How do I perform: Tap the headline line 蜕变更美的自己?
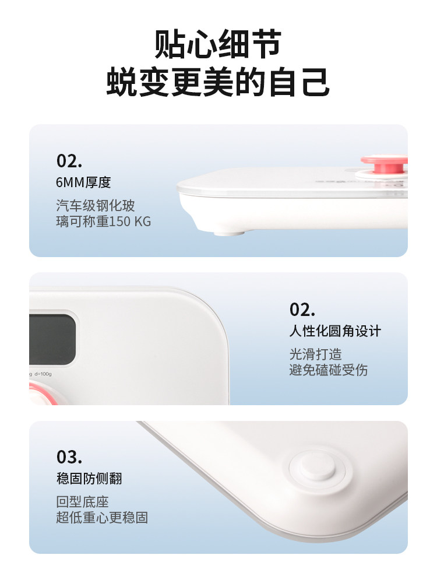coord(218,82)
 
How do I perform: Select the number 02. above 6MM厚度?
coord(69,161)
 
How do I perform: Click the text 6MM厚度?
coord(83,182)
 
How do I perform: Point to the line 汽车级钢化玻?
coord(96,205)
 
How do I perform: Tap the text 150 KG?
coord(131,222)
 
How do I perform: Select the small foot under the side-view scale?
coord(228,232)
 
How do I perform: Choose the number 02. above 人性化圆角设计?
coord(302,310)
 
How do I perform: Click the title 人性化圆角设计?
coord(334,331)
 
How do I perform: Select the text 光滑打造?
coord(315,354)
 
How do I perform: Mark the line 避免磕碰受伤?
coord(328,370)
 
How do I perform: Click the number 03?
coord(69,456)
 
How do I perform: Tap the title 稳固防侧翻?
coord(89,479)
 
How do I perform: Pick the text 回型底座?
coord(82,502)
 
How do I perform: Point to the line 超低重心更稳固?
coord(102,517)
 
